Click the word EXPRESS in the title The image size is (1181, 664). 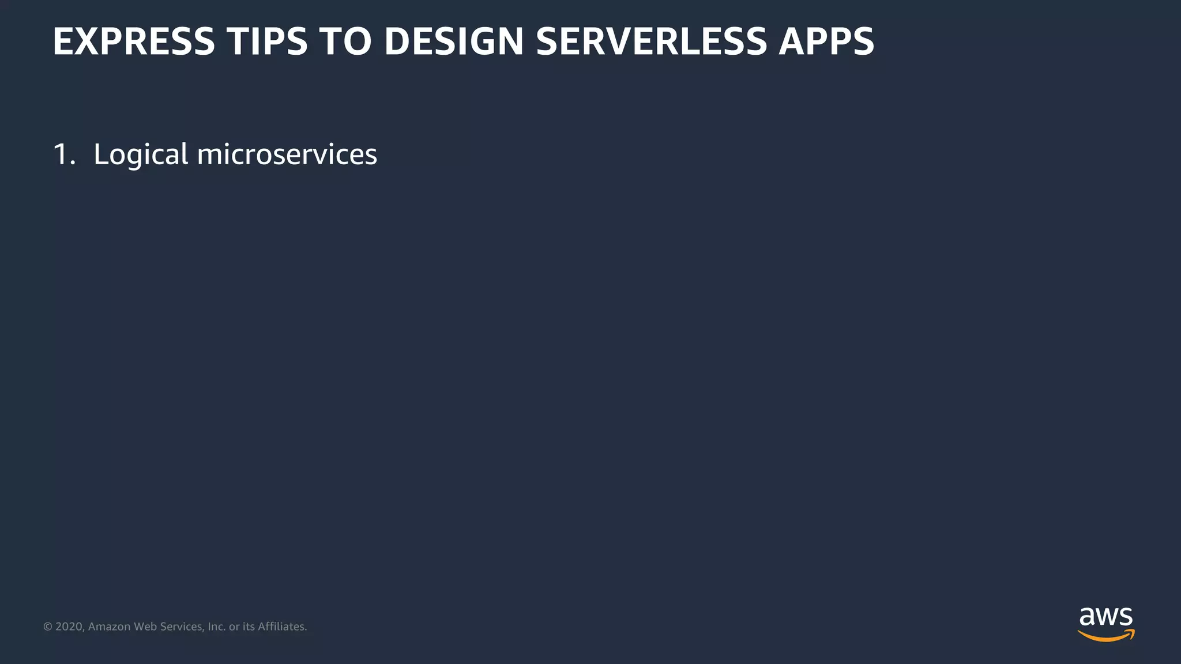tap(133, 41)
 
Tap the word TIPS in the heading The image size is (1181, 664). tap(267, 41)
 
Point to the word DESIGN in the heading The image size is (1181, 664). tap(454, 41)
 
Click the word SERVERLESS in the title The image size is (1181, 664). tap(651, 41)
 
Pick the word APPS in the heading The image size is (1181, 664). tap(826, 41)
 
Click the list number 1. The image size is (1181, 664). tap(63, 154)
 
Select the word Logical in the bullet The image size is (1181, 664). tap(141, 154)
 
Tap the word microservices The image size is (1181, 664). tap(287, 154)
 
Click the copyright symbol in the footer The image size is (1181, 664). tap(48, 627)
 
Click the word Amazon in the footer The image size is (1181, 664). tap(109, 627)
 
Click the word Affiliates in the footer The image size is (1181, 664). tap(282, 627)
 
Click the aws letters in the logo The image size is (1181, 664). tap(1106, 617)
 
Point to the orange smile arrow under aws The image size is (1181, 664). tap(1106, 636)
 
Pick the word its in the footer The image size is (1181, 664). tap(249, 627)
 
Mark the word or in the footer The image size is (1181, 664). tap(234, 627)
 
